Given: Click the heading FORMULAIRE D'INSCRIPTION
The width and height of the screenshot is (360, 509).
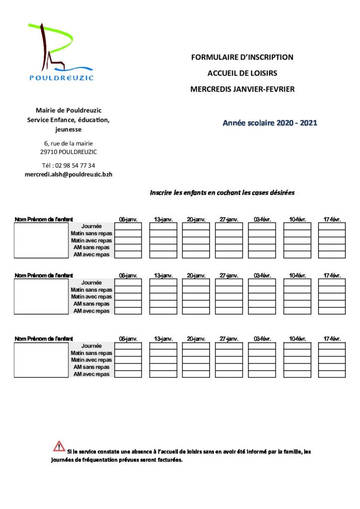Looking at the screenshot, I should pyautogui.click(x=242, y=57).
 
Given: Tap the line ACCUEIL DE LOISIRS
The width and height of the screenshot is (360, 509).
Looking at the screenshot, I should pyautogui.click(x=242, y=73).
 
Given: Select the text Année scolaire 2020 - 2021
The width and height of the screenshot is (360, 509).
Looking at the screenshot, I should pyautogui.click(x=270, y=123).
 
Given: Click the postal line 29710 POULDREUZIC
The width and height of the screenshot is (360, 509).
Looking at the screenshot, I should pyautogui.click(x=69, y=152).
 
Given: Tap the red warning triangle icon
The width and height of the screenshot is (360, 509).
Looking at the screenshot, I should pyautogui.click(x=59, y=446).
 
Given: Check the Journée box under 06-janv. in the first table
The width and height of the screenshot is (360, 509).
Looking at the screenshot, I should pyautogui.click(x=128, y=226).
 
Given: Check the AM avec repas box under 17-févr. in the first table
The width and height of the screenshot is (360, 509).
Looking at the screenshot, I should pyautogui.click(x=332, y=254).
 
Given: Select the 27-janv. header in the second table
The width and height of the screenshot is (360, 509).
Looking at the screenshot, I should pyautogui.click(x=229, y=275).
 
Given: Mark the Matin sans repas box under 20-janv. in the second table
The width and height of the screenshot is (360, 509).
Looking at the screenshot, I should pyautogui.click(x=195, y=289).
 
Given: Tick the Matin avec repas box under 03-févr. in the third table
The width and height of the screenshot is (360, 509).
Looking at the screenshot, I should pyautogui.click(x=262, y=360).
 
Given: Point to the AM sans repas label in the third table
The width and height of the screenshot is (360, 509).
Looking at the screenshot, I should pyautogui.click(x=91, y=367).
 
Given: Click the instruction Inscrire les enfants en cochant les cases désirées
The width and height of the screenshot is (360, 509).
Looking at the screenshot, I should pyautogui.click(x=222, y=193).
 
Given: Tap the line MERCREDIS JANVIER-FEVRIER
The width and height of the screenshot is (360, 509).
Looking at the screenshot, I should pyautogui.click(x=242, y=89).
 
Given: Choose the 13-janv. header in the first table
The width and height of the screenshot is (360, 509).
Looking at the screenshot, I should pyautogui.click(x=163, y=219).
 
